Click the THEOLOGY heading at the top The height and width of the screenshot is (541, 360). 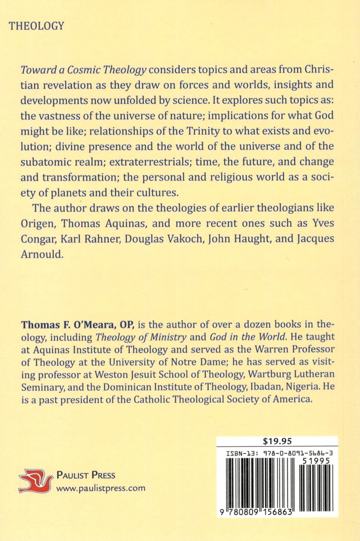[x=37, y=26]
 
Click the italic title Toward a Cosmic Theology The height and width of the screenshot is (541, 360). [x=84, y=70]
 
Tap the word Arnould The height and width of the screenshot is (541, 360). [x=42, y=254]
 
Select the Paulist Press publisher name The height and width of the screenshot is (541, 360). [x=86, y=476]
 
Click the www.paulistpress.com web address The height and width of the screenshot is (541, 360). [x=100, y=488]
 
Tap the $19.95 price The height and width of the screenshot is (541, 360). [x=277, y=441]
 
